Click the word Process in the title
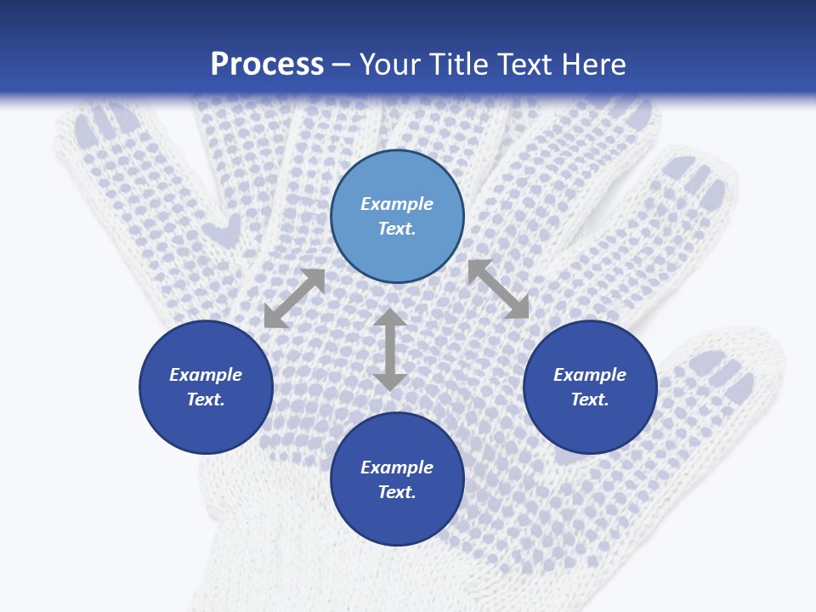[x=267, y=65]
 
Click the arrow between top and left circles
[x=294, y=298]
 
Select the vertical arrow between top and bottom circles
[x=389, y=349]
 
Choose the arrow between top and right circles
[x=499, y=289]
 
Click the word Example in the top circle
[x=397, y=204]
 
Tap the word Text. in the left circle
[x=206, y=399]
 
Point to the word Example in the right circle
[x=590, y=375]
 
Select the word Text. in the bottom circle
[x=397, y=492]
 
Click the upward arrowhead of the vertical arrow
[x=389, y=319]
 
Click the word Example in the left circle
[x=206, y=375]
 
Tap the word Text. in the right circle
[x=590, y=399]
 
